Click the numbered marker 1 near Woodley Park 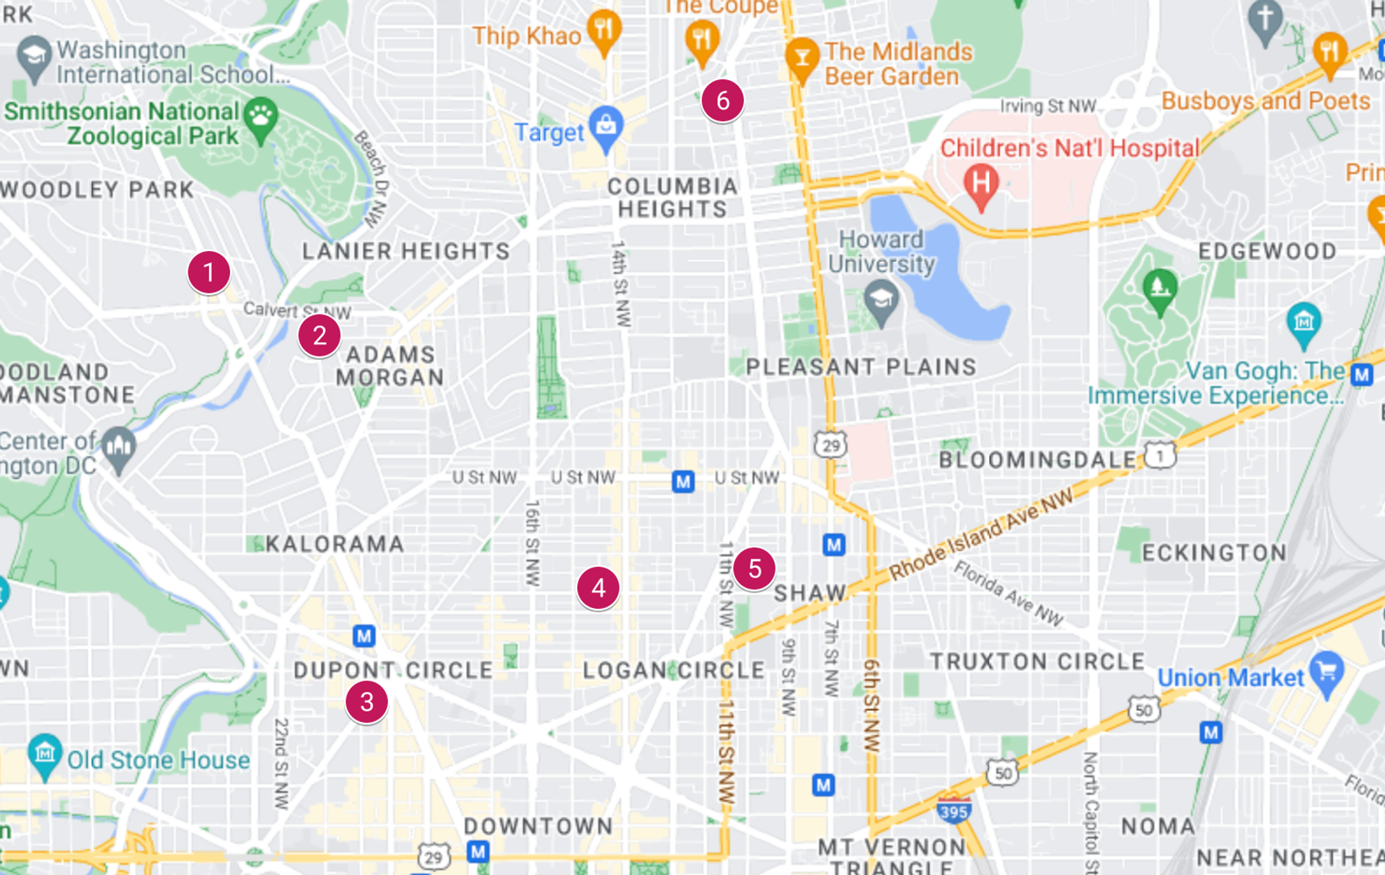(x=208, y=273)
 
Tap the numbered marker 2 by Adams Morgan (x=319, y=335)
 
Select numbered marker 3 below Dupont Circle (x=366, y=701)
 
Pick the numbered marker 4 (x=598, y=588)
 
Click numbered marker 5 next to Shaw (x=755, y=568)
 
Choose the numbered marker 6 (x=722, y=100)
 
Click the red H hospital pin (x=981, y=183)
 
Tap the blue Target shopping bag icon (x=606, y=126)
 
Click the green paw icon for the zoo (x=260, y=116)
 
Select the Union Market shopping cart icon (x=1327, y=672)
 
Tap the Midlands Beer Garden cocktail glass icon (x=801, y=57)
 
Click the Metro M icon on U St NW (x=682, y=481)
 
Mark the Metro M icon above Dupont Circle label (x=364, y=636)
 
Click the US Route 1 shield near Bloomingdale (x=1159, y=456)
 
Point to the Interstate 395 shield (x=953, y=812)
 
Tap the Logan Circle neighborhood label (x=673, y=670)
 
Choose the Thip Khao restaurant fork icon (x=604, y=30)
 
